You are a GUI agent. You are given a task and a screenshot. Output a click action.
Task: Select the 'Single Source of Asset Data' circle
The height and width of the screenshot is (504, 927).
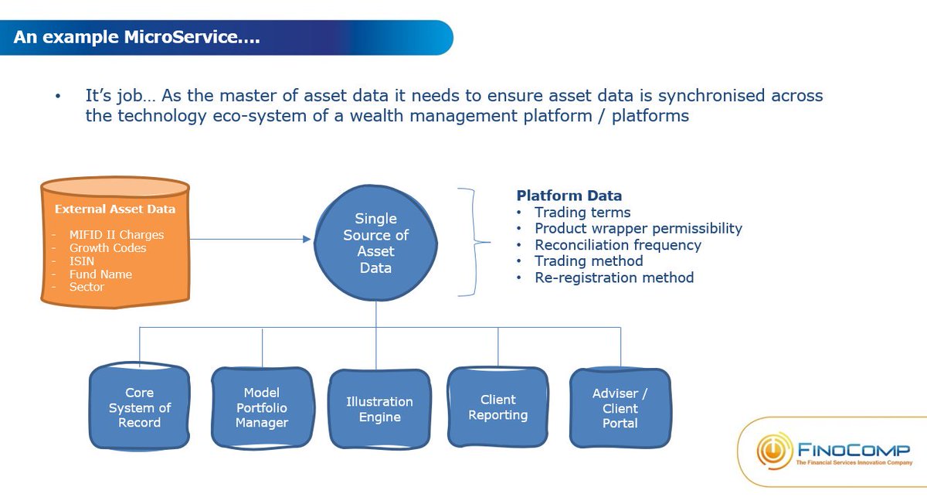tap(376, 243)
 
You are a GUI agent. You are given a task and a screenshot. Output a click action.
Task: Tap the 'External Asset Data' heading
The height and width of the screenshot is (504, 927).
tap(114, 209)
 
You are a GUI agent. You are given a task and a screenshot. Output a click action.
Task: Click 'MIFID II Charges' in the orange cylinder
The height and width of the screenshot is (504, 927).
tap(117, 235)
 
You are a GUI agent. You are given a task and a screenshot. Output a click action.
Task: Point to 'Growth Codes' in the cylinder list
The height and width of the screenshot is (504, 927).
tap(107, 248)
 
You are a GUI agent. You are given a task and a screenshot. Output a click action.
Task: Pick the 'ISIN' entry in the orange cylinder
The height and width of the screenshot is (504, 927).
tap(83, 261)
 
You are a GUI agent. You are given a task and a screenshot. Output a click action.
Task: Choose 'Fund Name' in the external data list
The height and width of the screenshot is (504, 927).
tap(100, 274)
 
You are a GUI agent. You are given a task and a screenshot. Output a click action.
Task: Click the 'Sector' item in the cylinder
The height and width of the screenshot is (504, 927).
tap(87, 287)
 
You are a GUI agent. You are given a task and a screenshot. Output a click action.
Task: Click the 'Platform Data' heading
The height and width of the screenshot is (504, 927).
tap(569, 196)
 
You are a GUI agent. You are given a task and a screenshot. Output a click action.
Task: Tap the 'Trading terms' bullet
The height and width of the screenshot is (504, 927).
tap(582, 212)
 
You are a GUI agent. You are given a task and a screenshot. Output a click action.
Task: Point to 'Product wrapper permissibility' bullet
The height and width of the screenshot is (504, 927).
tap(638, 228)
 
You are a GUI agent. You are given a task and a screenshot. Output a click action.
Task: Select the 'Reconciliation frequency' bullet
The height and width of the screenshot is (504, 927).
tap(618, 245)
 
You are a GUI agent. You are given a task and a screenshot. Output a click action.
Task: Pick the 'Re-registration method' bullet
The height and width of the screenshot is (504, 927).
tap(614, 278)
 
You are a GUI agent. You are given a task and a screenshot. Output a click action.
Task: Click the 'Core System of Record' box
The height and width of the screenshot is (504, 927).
tap(139, 407)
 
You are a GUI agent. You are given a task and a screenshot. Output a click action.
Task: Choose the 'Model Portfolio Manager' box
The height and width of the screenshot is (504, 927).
tap(262, 407)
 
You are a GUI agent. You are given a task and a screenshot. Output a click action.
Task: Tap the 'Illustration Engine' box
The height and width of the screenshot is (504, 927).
tap(379, 409)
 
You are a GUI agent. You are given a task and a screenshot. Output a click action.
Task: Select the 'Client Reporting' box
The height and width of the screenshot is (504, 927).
tap(498, 407)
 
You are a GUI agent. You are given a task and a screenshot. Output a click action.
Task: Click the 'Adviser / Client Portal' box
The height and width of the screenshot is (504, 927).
tap(620, 407)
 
